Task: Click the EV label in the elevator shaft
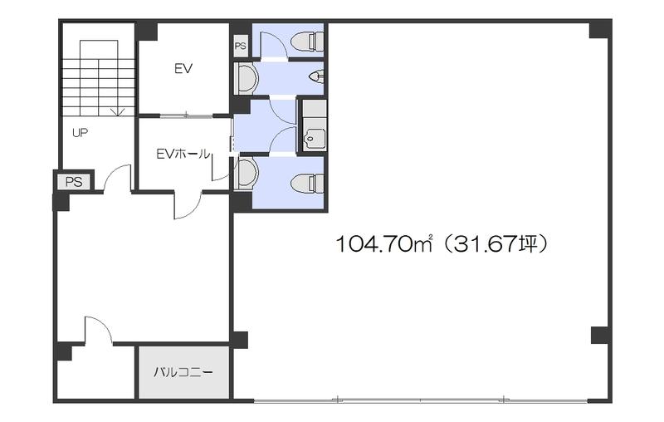coord(183,69)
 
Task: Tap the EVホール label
coord(183,154)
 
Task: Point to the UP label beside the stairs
coord(80,133)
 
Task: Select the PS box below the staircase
coord(74,182)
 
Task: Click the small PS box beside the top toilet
coord(241,46)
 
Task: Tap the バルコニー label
coord(183,373)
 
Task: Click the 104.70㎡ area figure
coord(383,244)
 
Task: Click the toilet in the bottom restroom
coord(307,183)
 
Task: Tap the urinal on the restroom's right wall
coord(317,77)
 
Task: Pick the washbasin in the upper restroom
coord(247,77)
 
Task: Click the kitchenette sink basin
coord(315,135)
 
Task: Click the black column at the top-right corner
coord(599,29)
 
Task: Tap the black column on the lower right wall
coord(600,336)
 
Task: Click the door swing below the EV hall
coord(188,206)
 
